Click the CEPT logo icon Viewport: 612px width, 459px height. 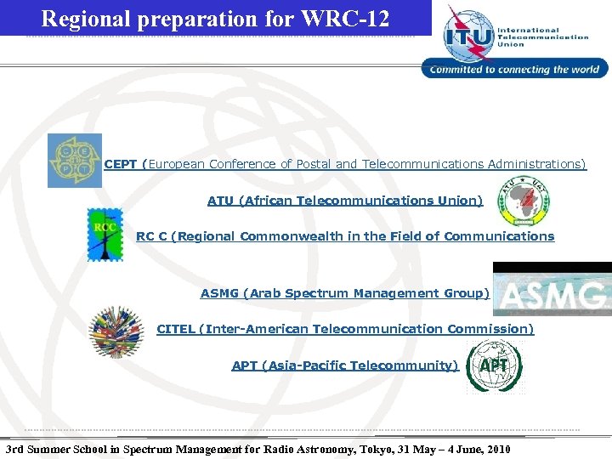74,160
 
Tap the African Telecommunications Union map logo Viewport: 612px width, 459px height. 524,199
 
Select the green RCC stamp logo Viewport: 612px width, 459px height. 105,235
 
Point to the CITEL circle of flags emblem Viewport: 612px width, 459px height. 117,331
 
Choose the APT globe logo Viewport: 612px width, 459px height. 495,365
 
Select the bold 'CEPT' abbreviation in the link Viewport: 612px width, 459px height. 121,164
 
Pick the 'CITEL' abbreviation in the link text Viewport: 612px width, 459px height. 175,329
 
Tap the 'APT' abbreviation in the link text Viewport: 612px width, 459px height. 245,365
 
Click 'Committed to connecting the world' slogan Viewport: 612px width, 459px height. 515,70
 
